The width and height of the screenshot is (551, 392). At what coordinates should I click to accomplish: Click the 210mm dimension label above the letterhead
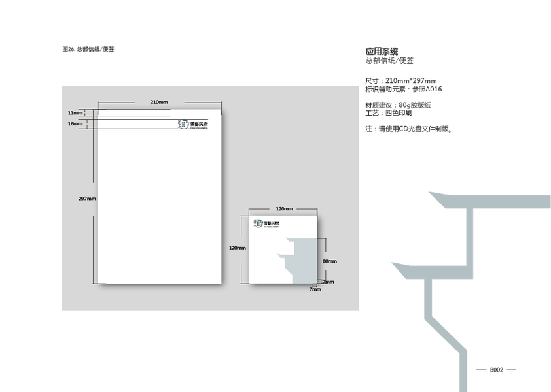click(x=159, y=102)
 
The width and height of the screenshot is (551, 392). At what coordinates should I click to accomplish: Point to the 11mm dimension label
click(x=75, y=113)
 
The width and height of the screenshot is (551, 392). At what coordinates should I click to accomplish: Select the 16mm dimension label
click(x=75, y=123)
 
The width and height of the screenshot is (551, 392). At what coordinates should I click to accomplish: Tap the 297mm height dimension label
click(x=87, y=199)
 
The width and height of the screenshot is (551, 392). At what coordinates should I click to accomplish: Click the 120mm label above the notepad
click(x=283, y=208)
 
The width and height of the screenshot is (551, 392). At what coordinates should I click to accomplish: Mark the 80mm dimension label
click(x=330, y=261)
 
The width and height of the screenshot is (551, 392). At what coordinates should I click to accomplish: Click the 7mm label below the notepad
click(x=315, y=289)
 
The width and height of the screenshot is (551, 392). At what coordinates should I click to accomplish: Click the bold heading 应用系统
click(x=382, y=51)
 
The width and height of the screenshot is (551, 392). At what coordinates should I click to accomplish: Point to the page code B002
click(x=497, y=370)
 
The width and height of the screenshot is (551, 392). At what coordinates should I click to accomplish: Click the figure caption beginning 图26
click(x=88, y=49)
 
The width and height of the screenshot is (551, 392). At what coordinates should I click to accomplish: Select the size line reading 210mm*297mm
click(x=400, y=80)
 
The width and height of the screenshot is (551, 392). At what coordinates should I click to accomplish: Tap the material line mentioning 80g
click(x=398, y=105)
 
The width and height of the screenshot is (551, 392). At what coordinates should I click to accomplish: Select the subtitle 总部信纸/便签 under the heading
click(x=389, y=61)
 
